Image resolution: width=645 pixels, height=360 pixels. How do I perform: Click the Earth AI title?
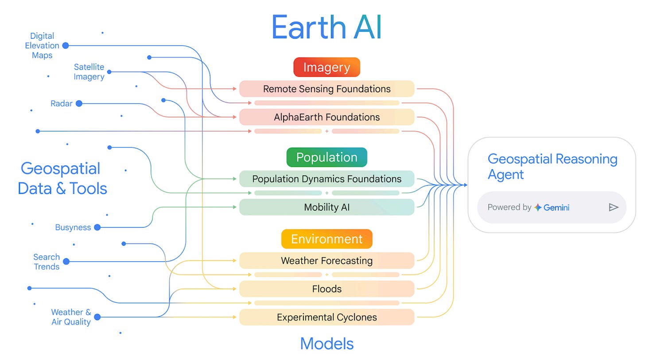[x=326, y=27]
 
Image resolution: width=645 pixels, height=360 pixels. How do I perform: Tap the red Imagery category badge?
[x=326, y=67]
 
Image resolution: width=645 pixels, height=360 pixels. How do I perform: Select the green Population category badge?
[x=326, y=157]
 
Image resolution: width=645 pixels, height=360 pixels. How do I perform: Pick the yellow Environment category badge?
[x=326, y=239]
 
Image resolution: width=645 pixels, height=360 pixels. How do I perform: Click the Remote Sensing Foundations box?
[x=326, y=89]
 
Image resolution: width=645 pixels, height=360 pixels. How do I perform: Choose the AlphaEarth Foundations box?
[x=326, y=117]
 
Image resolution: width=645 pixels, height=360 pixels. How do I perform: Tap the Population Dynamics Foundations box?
[x=326, y=179]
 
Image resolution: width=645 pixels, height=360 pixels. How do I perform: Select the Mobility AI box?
[x=326, y=207]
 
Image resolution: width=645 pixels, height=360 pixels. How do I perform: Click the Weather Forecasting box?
[x=326, y=261]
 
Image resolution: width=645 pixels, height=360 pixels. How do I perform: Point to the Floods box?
[x=326, y=289]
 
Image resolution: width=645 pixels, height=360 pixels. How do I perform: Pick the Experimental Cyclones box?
[x=326, y=317]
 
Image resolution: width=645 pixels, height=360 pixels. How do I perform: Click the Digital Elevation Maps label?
[x=42, y=46]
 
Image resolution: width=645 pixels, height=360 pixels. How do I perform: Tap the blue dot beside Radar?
[x=79, y=104]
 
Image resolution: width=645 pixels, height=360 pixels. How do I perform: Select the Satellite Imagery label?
[x=89, y=72]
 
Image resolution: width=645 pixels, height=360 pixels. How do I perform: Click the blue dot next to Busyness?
[x=97, y=228]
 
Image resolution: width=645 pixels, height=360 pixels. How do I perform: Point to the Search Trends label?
[x=47, y=262]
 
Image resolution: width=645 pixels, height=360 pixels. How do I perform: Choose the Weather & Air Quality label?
[x=71, y=317]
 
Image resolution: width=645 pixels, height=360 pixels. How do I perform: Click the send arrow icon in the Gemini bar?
[x=613, y=207]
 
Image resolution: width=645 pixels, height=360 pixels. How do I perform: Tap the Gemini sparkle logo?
[x=538, y=207]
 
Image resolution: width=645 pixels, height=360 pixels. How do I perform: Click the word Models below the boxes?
[x=326, y=344]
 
